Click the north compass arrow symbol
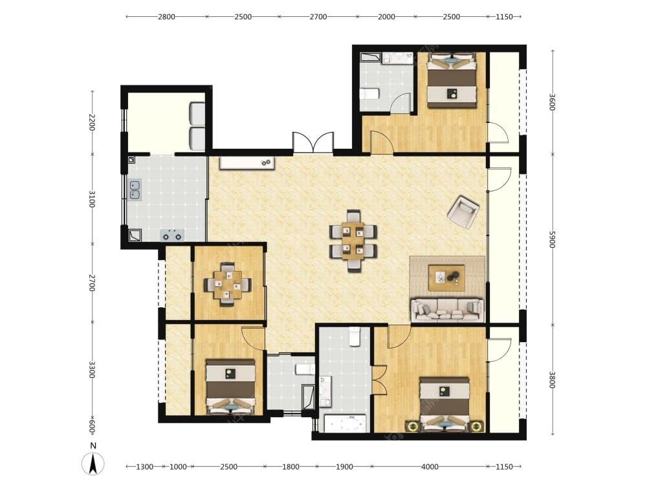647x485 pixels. click(x=93, y=463)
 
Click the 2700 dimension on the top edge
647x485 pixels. click(x=318, y=17)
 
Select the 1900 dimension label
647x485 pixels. click(x=344, y=467)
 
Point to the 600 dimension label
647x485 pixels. click(x=92, y=426)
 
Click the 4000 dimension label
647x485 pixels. click(x=430, y=467)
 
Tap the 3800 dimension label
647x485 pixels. click(x=553, y=380)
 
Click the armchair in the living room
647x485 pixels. click(x=463, y=211)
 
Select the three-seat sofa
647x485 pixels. click(x=447, y=310)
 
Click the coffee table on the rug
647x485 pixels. click(x=446, y=278)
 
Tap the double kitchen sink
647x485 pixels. click(x=135, y=189)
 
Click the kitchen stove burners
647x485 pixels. click(x=172, y=235)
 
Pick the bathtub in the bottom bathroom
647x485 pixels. click(x=345, y=424)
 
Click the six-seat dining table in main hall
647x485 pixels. click(x=353, y=241)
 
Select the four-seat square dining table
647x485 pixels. click(x=227, y=285)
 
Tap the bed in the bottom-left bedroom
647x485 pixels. click(x=230, y=387)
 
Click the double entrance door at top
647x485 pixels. click(x=313, y=143)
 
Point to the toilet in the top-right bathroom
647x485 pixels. click(x=369, y=94)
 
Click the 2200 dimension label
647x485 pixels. click(x=92, y=122)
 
